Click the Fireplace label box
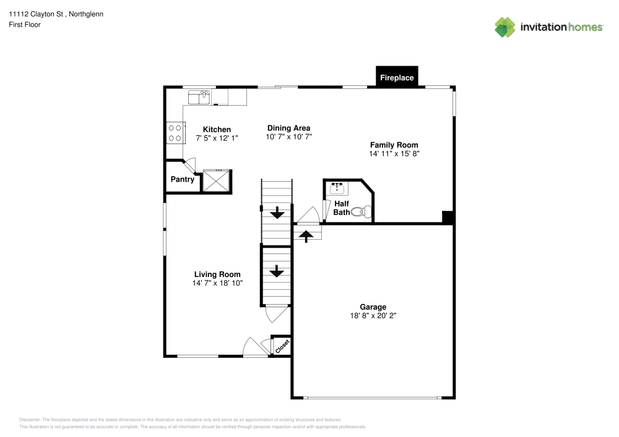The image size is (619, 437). [x=397, y=78]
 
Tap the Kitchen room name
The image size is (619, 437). [x=217, y=129]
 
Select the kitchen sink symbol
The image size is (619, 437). [x=199, y=97]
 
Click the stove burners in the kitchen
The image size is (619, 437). [x=175, y=133]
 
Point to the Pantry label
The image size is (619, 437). [x=183, y=180]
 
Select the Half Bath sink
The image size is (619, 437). [x=338, y=186]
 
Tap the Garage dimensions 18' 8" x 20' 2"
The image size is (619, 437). [x=373, y=315]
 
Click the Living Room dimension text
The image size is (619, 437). [x=217, y=282]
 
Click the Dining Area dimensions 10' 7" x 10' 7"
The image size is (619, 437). [x=288, y=137]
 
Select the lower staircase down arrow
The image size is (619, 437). [x=276, y=271]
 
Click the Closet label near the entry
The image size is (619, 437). [x=282, y=346]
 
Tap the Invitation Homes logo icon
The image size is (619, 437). [x=505, y=27]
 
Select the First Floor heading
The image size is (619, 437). [x=25, y=25]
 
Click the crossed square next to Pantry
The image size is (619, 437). [x=217, y=180]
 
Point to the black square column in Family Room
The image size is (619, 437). [x=448, y=217]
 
